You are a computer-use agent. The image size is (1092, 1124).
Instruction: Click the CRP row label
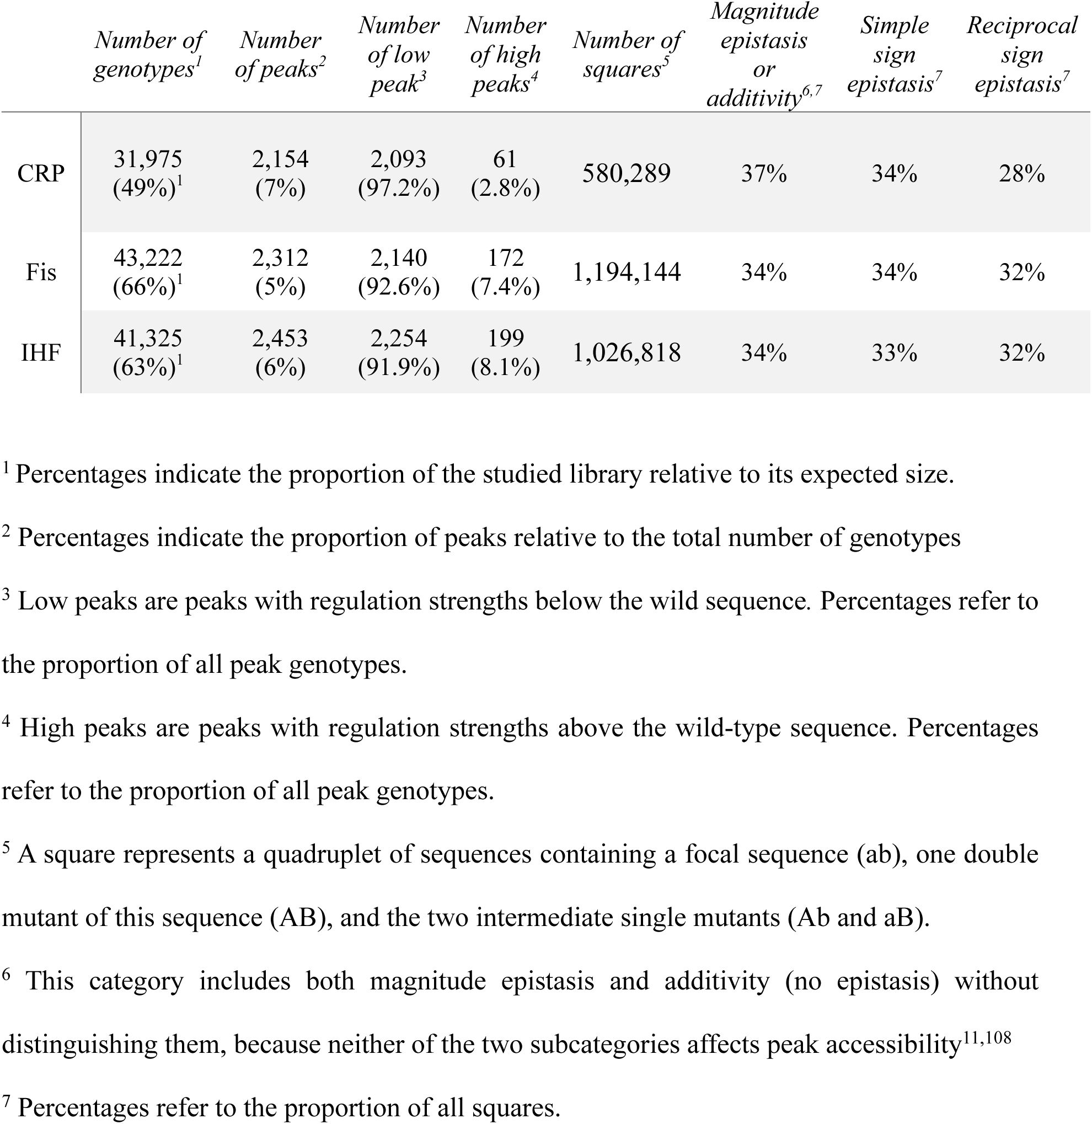[x=41, y=173]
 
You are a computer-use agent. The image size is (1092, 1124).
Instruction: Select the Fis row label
[x=41, y=272]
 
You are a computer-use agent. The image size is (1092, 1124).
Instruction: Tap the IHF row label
[x=41, y=352]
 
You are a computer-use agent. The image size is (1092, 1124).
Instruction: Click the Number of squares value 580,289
[x=627, y=173]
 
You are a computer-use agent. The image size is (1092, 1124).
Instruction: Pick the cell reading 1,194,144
[x=627, y=272]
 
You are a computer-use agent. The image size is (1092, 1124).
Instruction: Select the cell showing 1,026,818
[x=627, y=352]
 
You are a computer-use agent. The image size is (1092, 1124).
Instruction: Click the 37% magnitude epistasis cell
[x=763, y=173]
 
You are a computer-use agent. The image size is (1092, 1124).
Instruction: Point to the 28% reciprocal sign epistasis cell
[x=1022, y=173]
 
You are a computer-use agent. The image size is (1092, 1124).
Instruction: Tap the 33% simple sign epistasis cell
[x=894, y=352]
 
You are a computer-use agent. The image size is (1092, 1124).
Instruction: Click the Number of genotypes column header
[x=148, y=55]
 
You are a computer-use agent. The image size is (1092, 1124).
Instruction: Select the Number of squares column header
[x=627, y=55]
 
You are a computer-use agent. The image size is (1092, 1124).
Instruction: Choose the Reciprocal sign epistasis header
[x=1022, y=55]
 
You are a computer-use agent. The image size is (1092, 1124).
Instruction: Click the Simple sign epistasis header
[x=894, y=55]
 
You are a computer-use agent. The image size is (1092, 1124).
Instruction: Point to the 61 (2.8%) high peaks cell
[x=505, y=173]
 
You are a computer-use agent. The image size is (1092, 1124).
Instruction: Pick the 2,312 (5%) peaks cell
[x=280, y=272]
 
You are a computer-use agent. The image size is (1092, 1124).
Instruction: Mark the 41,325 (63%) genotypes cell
[x=147, y=352]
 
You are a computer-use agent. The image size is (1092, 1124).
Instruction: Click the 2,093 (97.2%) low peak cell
[x=399, y=173]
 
